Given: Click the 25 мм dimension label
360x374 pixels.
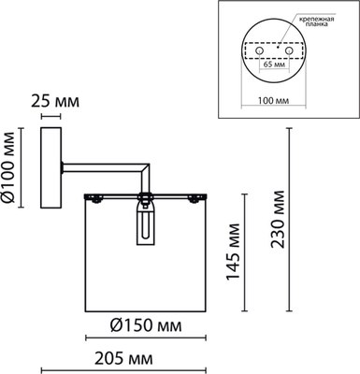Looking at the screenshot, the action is (x=55, y=102).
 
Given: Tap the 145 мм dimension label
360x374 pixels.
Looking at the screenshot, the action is (x=233, y=252).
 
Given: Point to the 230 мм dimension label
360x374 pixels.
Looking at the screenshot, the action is (x=278, y=219).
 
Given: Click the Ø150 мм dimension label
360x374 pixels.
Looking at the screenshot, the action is (x=146, y=326).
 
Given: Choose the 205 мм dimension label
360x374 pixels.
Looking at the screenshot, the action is (x=123, y=359).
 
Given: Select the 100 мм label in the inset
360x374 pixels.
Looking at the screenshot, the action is (x=273, y=101).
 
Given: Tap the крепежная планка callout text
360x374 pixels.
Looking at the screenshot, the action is (x=317, y=22).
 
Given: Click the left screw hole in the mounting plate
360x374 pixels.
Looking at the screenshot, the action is (x=259, y=50).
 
